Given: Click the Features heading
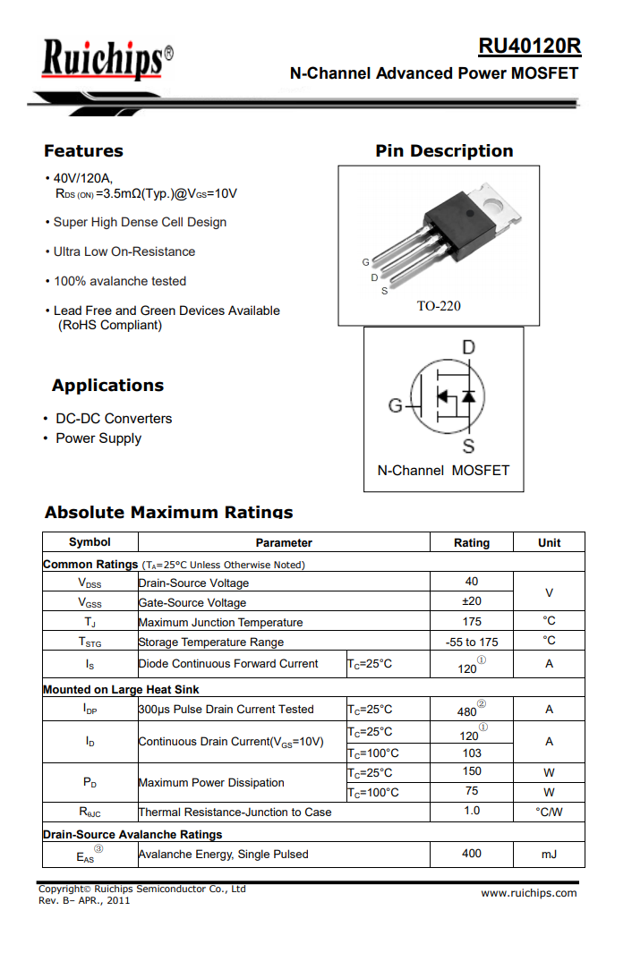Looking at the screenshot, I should coord(83,150).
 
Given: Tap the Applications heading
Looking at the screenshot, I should coord(107,386).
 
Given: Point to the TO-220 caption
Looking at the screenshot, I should coord(439,306).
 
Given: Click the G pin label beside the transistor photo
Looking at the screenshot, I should coord(365,262).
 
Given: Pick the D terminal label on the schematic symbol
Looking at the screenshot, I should coord(467,347).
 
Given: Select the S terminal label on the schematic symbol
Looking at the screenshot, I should coord(467,446).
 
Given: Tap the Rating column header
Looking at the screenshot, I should coord(472,542).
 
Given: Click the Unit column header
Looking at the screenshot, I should coord(549,542).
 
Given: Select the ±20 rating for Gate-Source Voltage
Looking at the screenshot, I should coord(472,601).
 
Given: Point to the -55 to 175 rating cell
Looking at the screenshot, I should coord(472,642).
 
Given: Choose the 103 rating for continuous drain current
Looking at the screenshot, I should coord(472,753).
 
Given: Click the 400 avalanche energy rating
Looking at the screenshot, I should coord(472,854).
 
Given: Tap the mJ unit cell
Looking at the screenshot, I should coord(549,855).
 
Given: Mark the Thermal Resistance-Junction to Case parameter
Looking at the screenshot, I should coord(235,813).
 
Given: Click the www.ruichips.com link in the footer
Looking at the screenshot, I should coord(528,893).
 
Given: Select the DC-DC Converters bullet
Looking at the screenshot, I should coord(114,419).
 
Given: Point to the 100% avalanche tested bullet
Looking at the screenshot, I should coord(119,281).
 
